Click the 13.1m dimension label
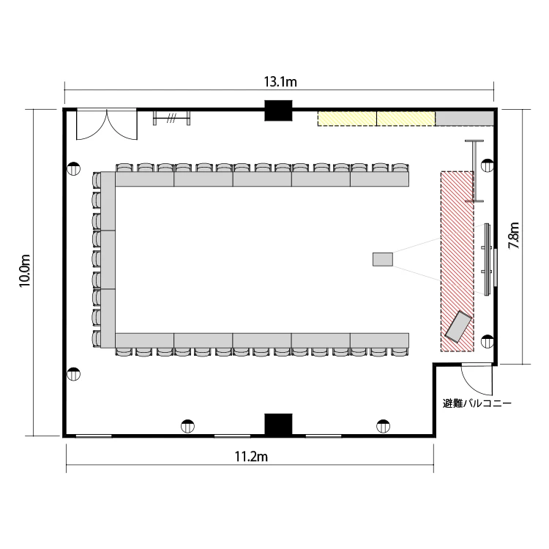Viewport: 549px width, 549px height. coord(280,82)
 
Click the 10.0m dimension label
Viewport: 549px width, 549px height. coord(25,271)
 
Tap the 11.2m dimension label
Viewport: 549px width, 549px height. coord(251,457)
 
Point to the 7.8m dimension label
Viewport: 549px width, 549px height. coord(514,236)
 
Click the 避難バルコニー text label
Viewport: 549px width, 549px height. coord(477,403)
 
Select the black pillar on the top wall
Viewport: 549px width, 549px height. coord(278,111)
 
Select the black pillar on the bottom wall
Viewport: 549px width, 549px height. coord(278,424)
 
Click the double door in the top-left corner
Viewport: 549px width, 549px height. coord(107,124)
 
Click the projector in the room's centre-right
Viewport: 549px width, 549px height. coord(383,259)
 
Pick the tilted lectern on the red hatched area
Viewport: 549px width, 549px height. coord(458,326)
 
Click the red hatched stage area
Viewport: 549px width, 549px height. coord(457,261)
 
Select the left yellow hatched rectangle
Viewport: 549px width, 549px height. coord(347,119)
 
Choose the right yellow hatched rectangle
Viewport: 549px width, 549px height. coord(406,119)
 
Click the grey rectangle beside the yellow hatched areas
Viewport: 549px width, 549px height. coord(464,119)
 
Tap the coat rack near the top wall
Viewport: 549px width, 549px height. coord(171,118)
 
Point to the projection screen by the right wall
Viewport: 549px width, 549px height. coord(487,259)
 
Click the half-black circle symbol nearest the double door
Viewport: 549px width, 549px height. coord(73,168)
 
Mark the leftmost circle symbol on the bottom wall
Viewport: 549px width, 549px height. coord(187,426)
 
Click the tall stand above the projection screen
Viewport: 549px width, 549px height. coord(474,171)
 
